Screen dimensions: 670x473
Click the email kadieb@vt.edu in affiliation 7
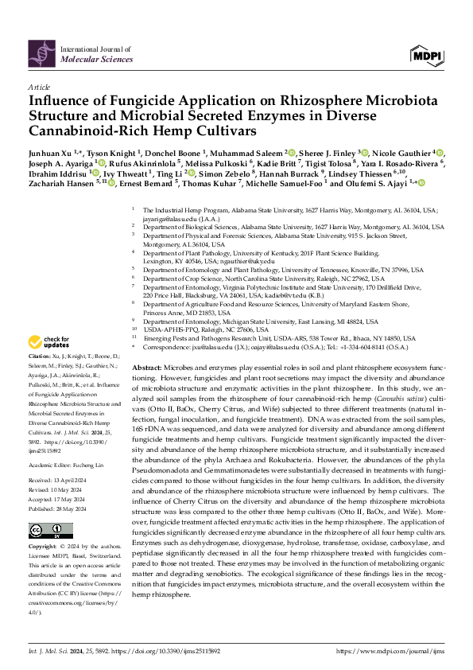tap(261, 293)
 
